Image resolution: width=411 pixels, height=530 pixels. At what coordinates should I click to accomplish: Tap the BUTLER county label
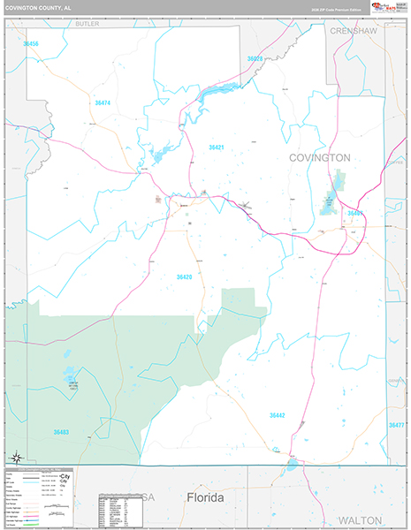[88, 25]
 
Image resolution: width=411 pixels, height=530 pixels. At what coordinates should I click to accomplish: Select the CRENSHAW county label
[354, 30]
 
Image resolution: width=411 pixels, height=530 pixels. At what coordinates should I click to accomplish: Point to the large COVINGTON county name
[320, 157]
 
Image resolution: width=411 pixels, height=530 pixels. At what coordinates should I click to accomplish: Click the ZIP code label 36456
[31, 43]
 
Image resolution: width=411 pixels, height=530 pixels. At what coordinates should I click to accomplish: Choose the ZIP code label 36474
[103, 103]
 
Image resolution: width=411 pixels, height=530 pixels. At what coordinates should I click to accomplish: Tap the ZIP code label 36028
[255, 58]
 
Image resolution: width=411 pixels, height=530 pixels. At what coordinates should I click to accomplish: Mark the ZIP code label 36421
[217, 147]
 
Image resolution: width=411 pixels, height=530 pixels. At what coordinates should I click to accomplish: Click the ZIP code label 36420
[184, 277]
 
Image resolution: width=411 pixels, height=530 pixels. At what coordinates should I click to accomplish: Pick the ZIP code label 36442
[278, 414]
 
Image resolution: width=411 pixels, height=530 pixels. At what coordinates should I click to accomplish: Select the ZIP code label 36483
[61, 432]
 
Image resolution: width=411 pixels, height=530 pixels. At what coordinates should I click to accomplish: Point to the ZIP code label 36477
[397, 425]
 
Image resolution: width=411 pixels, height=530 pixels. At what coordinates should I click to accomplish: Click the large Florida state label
[205, 498]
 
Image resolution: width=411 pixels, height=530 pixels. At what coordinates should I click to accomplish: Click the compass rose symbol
[17, 457]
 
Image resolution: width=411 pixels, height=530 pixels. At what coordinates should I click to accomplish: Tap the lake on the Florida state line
[292, 462]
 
